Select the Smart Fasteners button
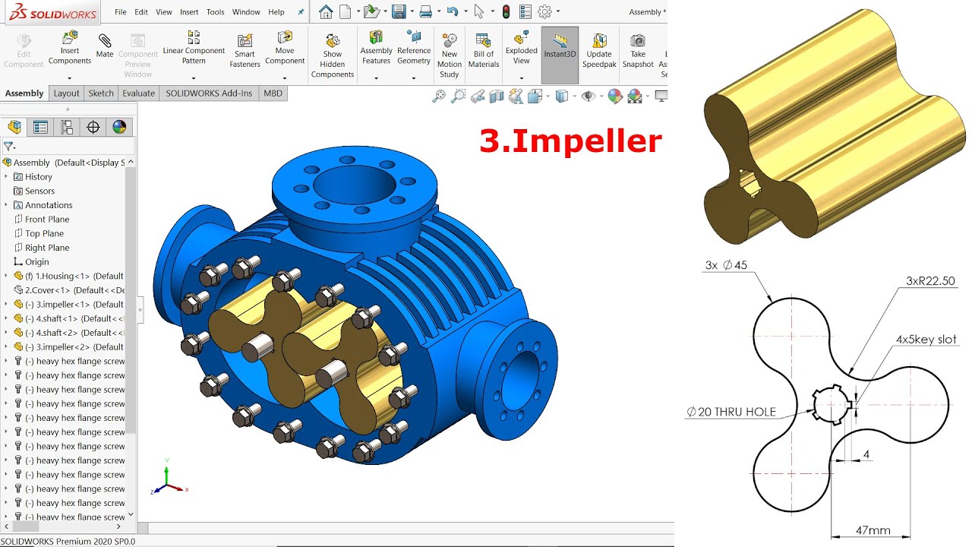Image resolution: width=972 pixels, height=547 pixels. [245, 49]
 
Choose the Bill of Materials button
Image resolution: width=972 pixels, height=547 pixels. [483, 49]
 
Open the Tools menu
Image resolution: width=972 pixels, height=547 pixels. [216, 12]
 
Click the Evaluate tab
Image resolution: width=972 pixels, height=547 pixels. [138, 93]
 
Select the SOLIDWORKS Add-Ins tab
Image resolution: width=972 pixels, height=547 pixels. [208, 93]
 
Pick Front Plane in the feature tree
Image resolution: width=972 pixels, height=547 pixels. [46, 220]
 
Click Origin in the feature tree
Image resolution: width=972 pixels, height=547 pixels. [36, 262]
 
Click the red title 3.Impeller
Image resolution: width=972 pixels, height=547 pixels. [570, 141]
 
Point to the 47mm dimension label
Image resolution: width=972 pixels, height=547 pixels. [873, 530]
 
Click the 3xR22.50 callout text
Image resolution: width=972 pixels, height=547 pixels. [930, 281]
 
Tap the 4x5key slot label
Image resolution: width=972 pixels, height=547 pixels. [926, 340]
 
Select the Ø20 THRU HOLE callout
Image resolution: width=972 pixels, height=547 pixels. [731, 412]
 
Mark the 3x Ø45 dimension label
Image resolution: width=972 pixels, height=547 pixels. [726, 265]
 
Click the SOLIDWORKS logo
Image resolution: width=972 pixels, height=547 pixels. [52, 13]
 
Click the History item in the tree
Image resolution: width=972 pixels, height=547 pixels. [38, 177]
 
